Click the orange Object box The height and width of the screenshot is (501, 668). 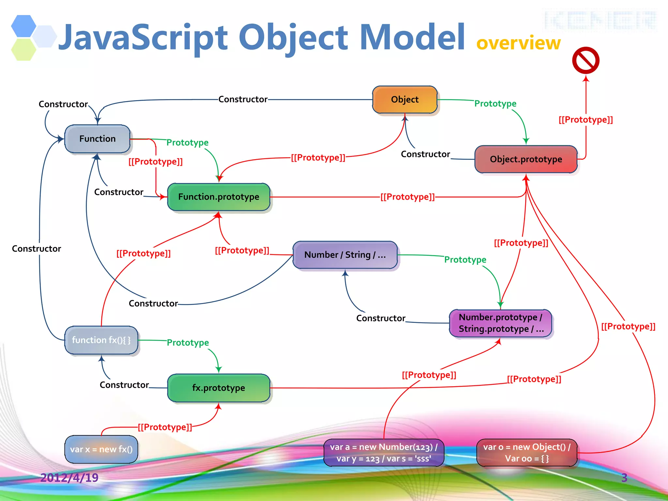404,99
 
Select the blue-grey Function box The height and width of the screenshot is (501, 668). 97,139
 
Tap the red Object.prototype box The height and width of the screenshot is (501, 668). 526,159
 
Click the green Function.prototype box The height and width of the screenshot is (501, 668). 219,197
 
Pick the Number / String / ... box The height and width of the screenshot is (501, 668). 345,255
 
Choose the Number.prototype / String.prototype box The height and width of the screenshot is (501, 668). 500,323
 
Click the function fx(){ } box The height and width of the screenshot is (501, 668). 101,340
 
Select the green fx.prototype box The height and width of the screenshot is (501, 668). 219,388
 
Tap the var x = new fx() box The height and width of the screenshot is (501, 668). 101,449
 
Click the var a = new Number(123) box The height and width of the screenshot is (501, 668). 384,452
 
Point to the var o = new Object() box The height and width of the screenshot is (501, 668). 526,452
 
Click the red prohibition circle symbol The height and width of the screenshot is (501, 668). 586,61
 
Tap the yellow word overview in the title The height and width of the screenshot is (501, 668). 518,43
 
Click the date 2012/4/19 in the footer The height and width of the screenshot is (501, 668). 69,478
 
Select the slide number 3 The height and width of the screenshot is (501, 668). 624,478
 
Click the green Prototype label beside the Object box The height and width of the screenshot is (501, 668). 495,104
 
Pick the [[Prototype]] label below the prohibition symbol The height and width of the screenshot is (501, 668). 586,120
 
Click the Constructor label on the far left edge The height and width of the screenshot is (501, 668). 37,249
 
